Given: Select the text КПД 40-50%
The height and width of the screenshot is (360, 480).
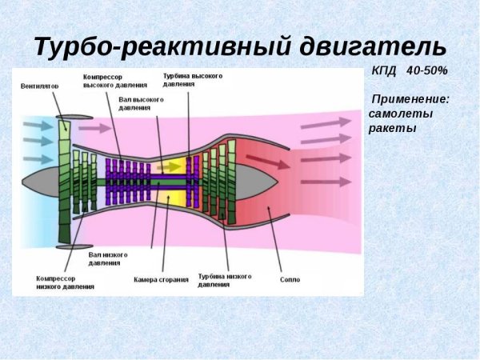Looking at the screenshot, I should click(409, 71).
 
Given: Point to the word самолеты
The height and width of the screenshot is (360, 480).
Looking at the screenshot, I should click(401, 114).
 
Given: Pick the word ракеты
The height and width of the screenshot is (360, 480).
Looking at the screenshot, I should click(393, 128).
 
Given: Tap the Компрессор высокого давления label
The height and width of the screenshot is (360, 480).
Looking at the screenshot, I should click(114, 81).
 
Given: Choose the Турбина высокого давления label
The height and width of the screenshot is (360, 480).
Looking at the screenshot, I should click(192, 80).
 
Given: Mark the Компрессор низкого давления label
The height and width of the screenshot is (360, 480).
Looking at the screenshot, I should click(65, 282).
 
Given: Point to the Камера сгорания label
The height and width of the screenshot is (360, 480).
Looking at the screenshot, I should click(161, 280).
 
